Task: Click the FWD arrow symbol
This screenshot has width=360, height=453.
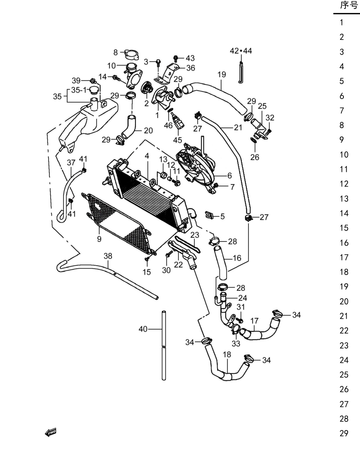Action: pos(51,432)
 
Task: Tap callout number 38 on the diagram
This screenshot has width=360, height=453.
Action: pos(108,256)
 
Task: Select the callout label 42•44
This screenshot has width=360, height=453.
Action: pos(241,51)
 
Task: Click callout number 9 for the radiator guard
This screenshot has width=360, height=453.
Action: pos(99,239)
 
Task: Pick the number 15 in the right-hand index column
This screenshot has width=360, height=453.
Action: pos(344,228)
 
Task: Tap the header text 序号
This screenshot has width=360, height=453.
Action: pos(349,5)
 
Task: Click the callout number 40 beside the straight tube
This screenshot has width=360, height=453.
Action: pos(143,329)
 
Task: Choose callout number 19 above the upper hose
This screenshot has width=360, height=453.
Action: pos(222,74)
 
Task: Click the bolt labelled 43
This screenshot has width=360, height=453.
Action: pos(176,58)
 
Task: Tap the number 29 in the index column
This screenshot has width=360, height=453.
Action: pos(344,433)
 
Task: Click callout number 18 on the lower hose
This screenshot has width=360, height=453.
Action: pos(227,354)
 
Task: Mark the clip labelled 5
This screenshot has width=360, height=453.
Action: pos(209,215)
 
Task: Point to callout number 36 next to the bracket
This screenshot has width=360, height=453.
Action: pos(191,68)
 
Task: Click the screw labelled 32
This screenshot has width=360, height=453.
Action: pos(269,131)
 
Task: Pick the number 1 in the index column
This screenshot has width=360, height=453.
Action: pos(341,23)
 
